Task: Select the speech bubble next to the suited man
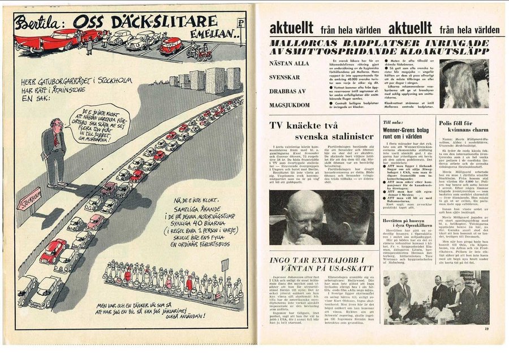[99, 124]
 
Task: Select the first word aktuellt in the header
[292, 28]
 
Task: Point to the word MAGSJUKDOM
[290, 105]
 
